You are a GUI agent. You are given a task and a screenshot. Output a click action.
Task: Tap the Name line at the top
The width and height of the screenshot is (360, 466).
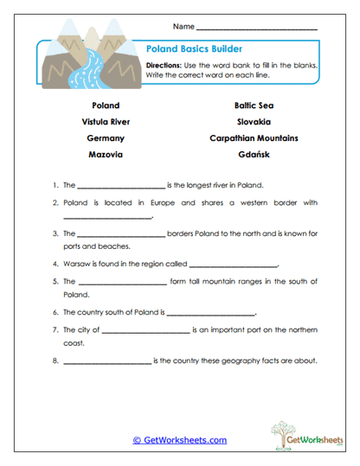pyautogui.click(x=257, y=29)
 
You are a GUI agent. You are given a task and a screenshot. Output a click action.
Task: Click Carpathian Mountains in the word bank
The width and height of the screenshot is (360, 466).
pyautogui.click(x=254, y=137)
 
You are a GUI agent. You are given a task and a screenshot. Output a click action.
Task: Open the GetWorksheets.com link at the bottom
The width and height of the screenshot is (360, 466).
pyautogui.click(x=180, y=440)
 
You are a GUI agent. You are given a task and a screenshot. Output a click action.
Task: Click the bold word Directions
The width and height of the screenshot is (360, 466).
pyautogui.click(x=163, y=66)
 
